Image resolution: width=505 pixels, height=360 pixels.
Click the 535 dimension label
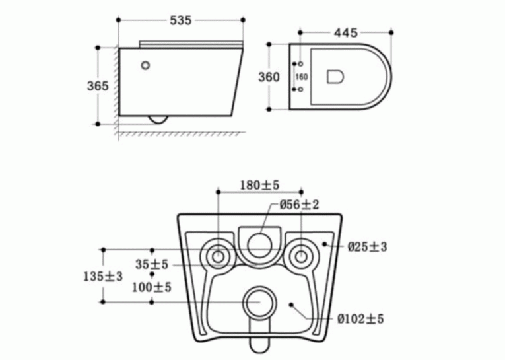(x=181, y=20)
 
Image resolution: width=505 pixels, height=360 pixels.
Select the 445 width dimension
(x=345, y=33)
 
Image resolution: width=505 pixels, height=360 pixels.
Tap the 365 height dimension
(x=98, y=86)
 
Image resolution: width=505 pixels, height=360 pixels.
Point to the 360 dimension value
(x=269, y=77)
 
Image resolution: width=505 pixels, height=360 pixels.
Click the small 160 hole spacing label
(x=302, y=77)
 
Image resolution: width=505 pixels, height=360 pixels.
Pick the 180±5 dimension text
(x=259, y=186)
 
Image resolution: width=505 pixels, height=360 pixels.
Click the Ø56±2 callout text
(x=299, y=205)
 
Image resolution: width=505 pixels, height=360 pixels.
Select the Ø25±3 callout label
(x=367, y=247)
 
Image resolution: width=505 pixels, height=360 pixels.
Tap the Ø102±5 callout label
(x=360, y=319)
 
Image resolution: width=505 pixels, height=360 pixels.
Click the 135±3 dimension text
(x=103, y=277)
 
